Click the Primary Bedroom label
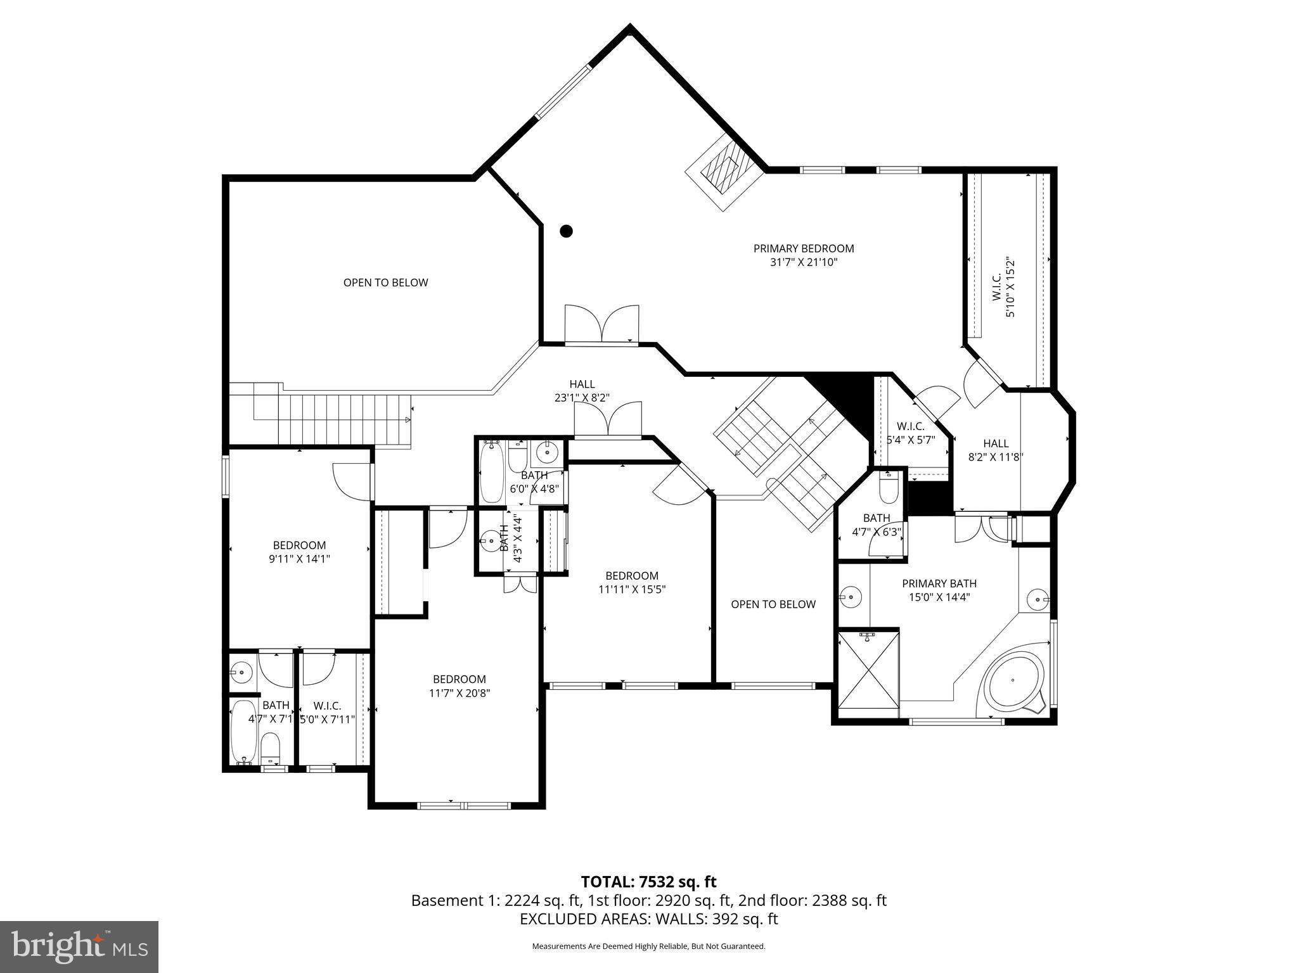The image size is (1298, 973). tap(803, 248)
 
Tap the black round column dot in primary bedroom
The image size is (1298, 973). tap(566, 231)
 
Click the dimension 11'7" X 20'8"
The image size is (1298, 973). tap(459, 693)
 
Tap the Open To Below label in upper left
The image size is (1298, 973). tap(385, 283)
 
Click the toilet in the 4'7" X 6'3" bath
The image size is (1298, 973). tap(889, 488)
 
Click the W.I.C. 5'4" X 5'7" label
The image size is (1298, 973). tap(911, 433)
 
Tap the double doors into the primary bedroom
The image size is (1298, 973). tap(601, 324)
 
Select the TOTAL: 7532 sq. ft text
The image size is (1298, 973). tap(648, 882)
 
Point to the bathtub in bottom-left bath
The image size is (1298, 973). tap(243, 732)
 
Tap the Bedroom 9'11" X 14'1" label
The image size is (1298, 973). tap(299, 552)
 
